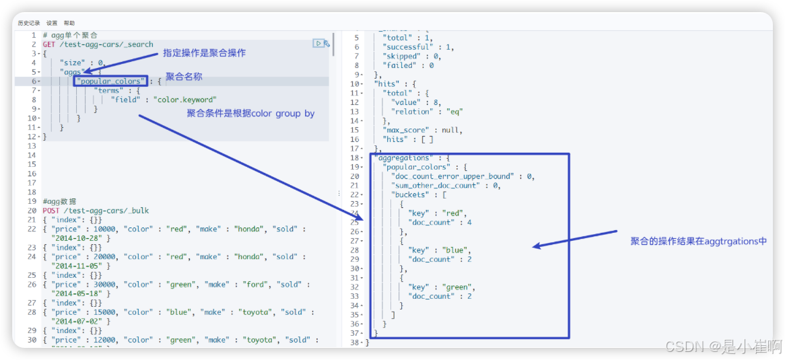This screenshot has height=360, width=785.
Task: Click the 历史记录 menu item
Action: click(29, 23)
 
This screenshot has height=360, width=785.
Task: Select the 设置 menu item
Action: click(52, 23)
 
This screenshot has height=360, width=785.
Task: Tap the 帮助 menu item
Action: click(69, 23)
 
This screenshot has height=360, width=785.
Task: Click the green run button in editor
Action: click(318, 44)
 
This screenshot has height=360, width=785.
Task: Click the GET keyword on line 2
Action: click(48, 44)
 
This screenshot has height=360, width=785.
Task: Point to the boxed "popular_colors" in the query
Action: click(110, 81)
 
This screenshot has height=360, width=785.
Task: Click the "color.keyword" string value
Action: click(185, 100)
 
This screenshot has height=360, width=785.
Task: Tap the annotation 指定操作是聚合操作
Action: click(205, 53)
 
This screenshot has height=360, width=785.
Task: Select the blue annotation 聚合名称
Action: click(184, 77)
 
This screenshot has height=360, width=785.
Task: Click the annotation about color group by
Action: click(250, 114)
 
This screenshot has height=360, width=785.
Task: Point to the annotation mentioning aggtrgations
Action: click(698, 241)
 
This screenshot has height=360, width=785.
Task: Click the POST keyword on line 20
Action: click(51, 211)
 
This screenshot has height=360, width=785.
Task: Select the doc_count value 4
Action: click(469, 222)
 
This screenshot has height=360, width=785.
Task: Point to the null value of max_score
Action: click(452, 130)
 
